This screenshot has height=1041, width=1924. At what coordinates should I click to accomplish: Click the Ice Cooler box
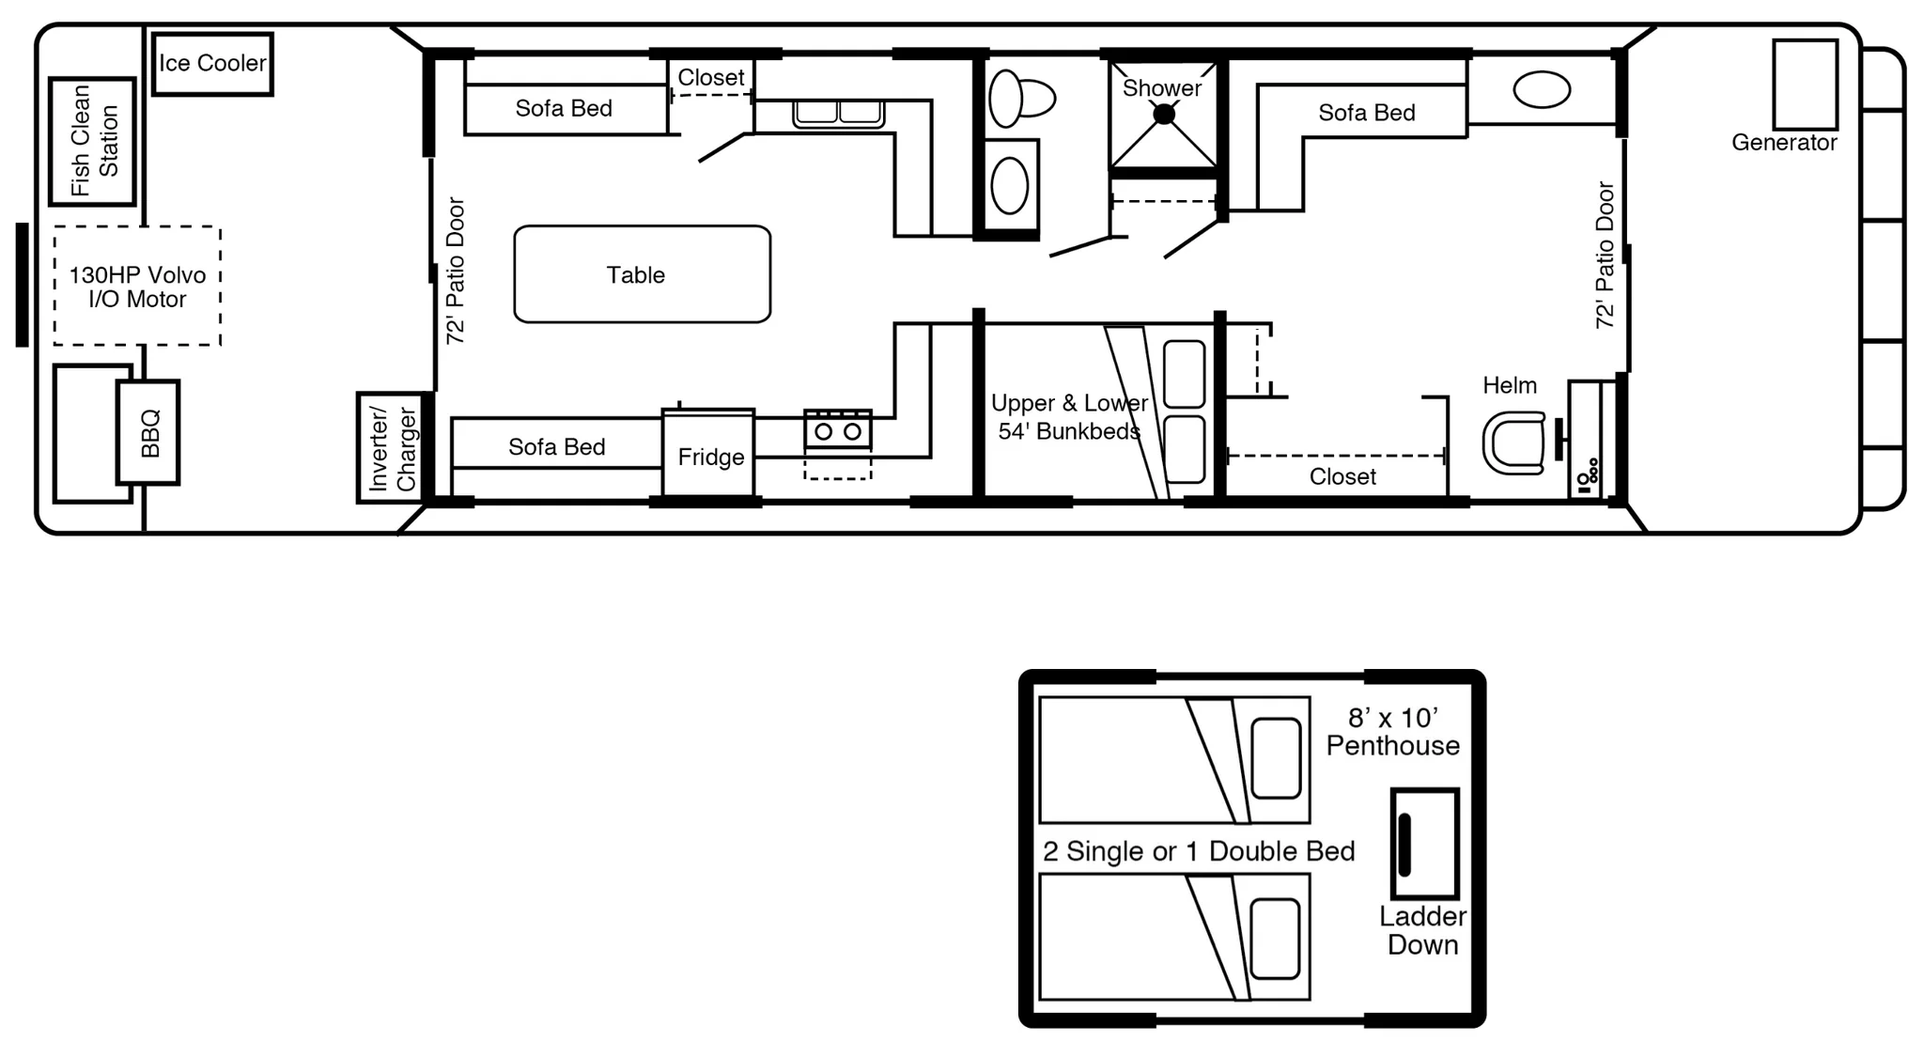click(212, 64)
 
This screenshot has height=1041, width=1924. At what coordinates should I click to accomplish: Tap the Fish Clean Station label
click(95, 141)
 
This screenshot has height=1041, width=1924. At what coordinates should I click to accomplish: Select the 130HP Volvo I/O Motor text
click(137, 287)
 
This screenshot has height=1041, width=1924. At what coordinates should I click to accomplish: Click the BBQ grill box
click(147, 432)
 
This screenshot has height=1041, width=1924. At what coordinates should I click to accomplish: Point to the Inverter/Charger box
click(390, 447)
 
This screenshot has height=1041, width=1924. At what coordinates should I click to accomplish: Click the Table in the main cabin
click(643, 274)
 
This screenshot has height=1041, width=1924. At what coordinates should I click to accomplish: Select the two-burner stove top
click(838, 429)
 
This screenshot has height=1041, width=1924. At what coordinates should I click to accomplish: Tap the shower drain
click(1164, 115)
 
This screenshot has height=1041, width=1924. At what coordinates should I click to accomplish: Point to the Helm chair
click(1513, 443)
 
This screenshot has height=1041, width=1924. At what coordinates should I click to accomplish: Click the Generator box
click(1805, 85)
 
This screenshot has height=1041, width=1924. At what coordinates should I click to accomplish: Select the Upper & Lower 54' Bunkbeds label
click(1069, 417)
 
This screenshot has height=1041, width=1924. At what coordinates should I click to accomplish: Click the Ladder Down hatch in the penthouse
click(1424, 844)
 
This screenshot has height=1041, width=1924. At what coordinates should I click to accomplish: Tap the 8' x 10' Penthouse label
click(1393, 732)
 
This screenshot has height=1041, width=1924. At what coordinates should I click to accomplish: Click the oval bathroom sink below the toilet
click(1010, 185)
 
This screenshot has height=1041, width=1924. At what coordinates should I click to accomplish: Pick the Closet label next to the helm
click(1342, 477)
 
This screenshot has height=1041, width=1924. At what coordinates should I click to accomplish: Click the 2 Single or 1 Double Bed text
click(1199, 851)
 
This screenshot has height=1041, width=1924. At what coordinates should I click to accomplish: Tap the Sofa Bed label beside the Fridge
click(557, 447)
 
